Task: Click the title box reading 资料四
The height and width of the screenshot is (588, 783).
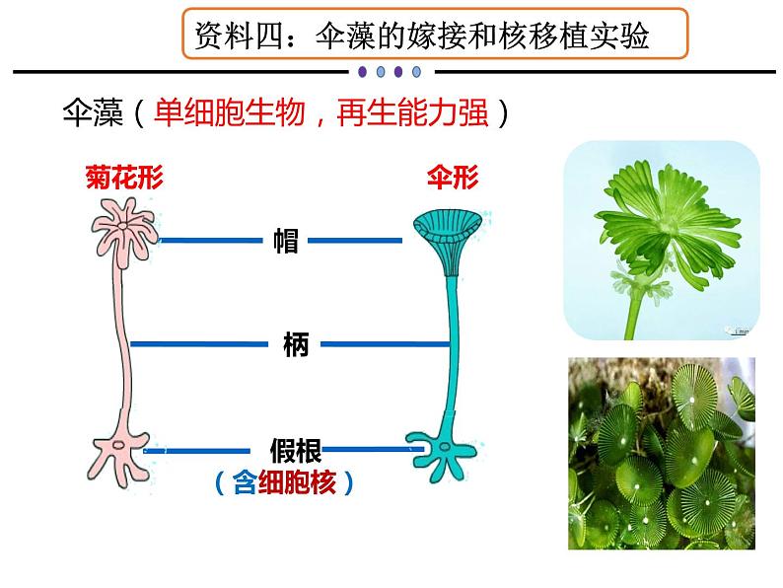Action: tap(434, 37)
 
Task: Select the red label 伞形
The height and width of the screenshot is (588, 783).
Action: tap(452, 178)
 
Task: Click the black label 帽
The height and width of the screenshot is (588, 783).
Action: tap(286, 240)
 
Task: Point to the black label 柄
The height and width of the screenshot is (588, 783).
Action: tap(294, 344)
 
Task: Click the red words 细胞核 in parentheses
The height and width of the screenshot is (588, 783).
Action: tap(297, 483)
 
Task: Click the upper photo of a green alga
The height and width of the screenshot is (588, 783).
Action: tap(661, 241)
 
